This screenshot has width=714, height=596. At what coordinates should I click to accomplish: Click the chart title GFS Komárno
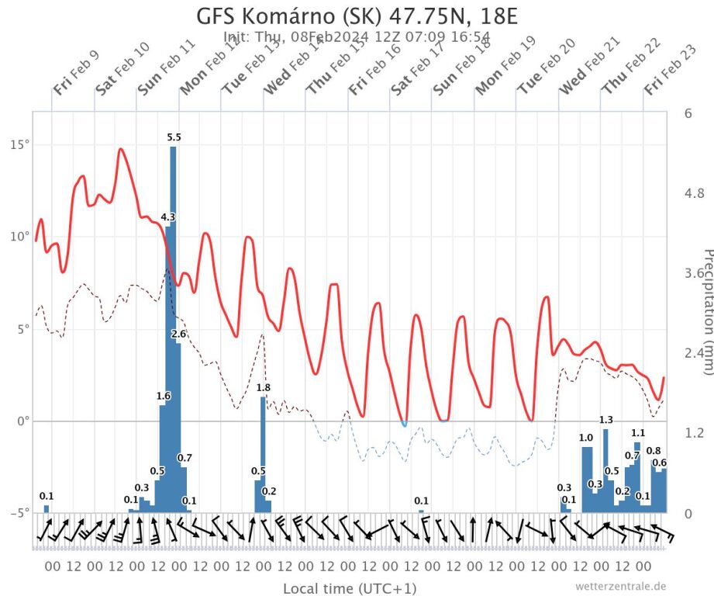pyautogui.click(x=356, y=16)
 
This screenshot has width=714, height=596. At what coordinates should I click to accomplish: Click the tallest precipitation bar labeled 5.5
pyautogui.click(x=173, y=326)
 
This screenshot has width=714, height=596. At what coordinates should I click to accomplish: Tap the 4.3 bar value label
pyautogui.click(x=168, y=217)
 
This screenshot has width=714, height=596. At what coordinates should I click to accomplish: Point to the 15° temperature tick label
pyautogui.click(x=18, y=144)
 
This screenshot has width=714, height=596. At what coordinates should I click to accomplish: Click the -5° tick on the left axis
pyautogui.click(x=18, y=512)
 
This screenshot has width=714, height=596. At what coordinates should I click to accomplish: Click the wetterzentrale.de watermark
pyautogui.click(x=620, y=586)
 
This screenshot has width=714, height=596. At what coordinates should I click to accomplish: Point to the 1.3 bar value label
pyautogui.click(x=606, y=421)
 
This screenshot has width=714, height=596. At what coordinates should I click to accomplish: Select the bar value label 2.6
pyautogui.click(x=179, y=334)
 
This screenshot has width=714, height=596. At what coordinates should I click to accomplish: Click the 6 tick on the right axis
pyautogui.click(x=688, y=113)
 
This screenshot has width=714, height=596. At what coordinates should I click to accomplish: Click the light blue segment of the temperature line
pyautogui.click(x=404, y=423)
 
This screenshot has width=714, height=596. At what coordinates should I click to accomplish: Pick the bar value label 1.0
pyautogui.click(x=586, y=438)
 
